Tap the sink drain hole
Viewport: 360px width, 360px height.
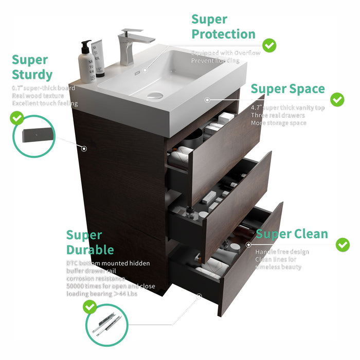point(155,95)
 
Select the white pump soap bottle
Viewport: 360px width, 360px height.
point(86,63)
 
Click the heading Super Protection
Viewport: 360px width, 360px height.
point(223,27)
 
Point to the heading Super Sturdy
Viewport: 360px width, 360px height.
point(32,67)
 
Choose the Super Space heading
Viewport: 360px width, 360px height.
point(287,88)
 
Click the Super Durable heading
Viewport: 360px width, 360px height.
point(90,243)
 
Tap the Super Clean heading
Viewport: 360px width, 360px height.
point(292,234)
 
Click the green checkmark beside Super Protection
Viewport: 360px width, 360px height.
point(269,45)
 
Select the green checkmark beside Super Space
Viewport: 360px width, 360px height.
point(337,99)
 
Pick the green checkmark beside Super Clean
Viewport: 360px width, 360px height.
point(343,245)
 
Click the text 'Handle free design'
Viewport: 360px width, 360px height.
point(282,252)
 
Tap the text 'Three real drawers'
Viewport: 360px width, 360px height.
point(278,115)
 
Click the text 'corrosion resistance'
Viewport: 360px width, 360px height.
point(95,278)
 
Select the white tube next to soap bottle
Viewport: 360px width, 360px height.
point(98,58)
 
